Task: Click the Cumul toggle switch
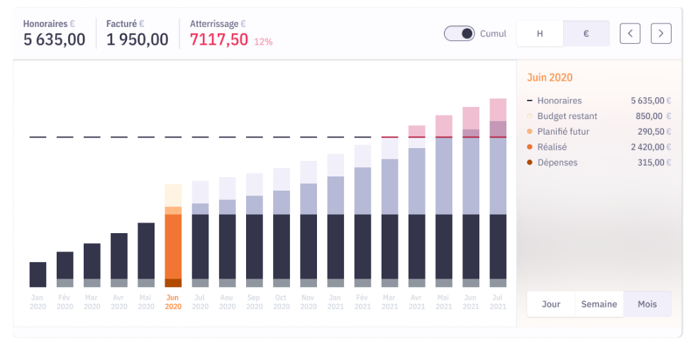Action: point(460,33)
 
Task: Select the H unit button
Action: point(540,33)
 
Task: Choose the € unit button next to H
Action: point(586,33)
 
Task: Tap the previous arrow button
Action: point(630,33)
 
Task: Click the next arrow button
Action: point(661,33)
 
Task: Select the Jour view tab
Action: point(551,304)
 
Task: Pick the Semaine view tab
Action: point(599,304)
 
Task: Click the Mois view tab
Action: point(647,304)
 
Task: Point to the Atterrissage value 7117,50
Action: point(219,40)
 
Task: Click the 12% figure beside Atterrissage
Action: point(263,42)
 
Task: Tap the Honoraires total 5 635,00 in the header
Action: point(54,40)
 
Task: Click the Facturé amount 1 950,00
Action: point(138,40)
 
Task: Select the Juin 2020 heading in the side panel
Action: point(550,78)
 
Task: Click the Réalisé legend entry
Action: point(552,147)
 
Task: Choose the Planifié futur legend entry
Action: point(563,132)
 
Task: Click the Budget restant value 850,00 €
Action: point(649,116)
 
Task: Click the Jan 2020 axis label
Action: point(38,302)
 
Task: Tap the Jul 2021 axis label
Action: point(498,302)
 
